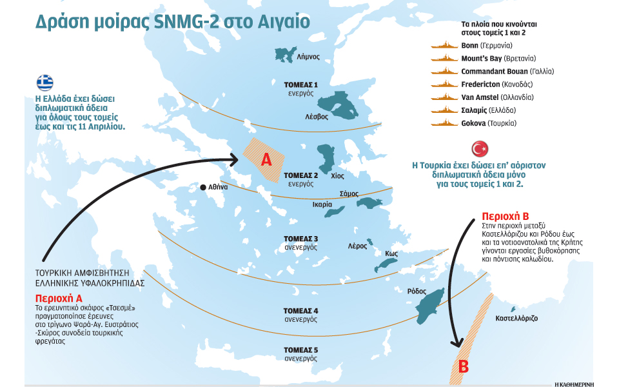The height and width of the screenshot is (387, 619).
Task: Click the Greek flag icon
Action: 44,83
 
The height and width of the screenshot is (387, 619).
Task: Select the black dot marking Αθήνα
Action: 202,186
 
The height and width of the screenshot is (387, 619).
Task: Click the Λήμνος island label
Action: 308,57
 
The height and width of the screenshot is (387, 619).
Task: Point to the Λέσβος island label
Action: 317,117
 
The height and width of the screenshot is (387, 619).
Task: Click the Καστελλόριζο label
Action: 516,319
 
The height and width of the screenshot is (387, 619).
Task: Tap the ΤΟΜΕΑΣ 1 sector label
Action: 301,84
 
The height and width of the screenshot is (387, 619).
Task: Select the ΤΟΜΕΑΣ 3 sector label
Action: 301,239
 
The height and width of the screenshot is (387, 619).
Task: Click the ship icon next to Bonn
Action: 444,46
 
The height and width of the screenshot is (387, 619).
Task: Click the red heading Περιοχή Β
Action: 506,216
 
